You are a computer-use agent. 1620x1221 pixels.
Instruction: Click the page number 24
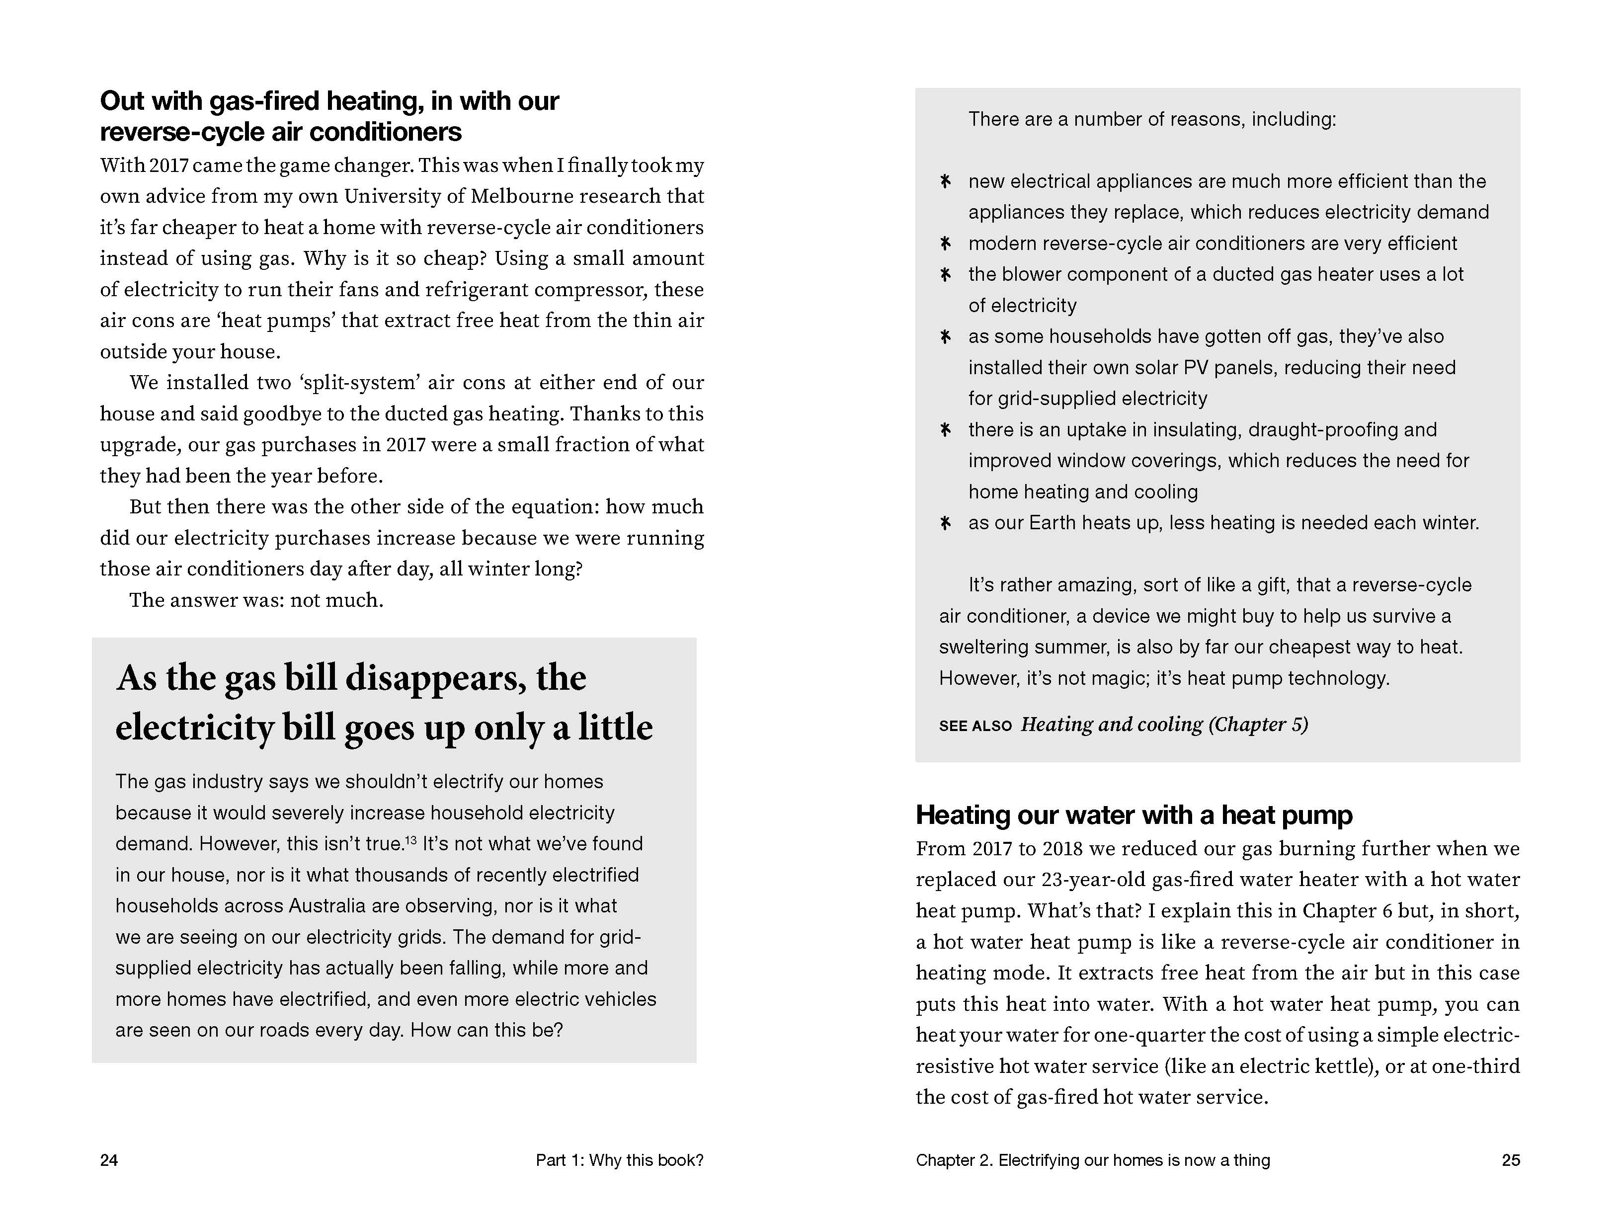(109, 1160)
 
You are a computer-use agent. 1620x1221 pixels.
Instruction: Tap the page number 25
(1510, 1160)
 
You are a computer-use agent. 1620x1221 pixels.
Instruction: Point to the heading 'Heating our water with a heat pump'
(1134, 815)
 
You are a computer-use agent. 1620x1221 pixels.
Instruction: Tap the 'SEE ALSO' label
(975, 726)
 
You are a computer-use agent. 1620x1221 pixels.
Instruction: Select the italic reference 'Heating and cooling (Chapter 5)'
(1164, 725)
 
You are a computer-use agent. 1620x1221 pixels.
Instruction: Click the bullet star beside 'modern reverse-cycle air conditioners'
(946, 243)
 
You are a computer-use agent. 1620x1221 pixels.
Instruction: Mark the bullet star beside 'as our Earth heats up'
(946, 523)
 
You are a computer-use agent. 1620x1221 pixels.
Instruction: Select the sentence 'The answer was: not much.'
(256, 601)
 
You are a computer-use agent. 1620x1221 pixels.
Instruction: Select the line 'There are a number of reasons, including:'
(1151, 119)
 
